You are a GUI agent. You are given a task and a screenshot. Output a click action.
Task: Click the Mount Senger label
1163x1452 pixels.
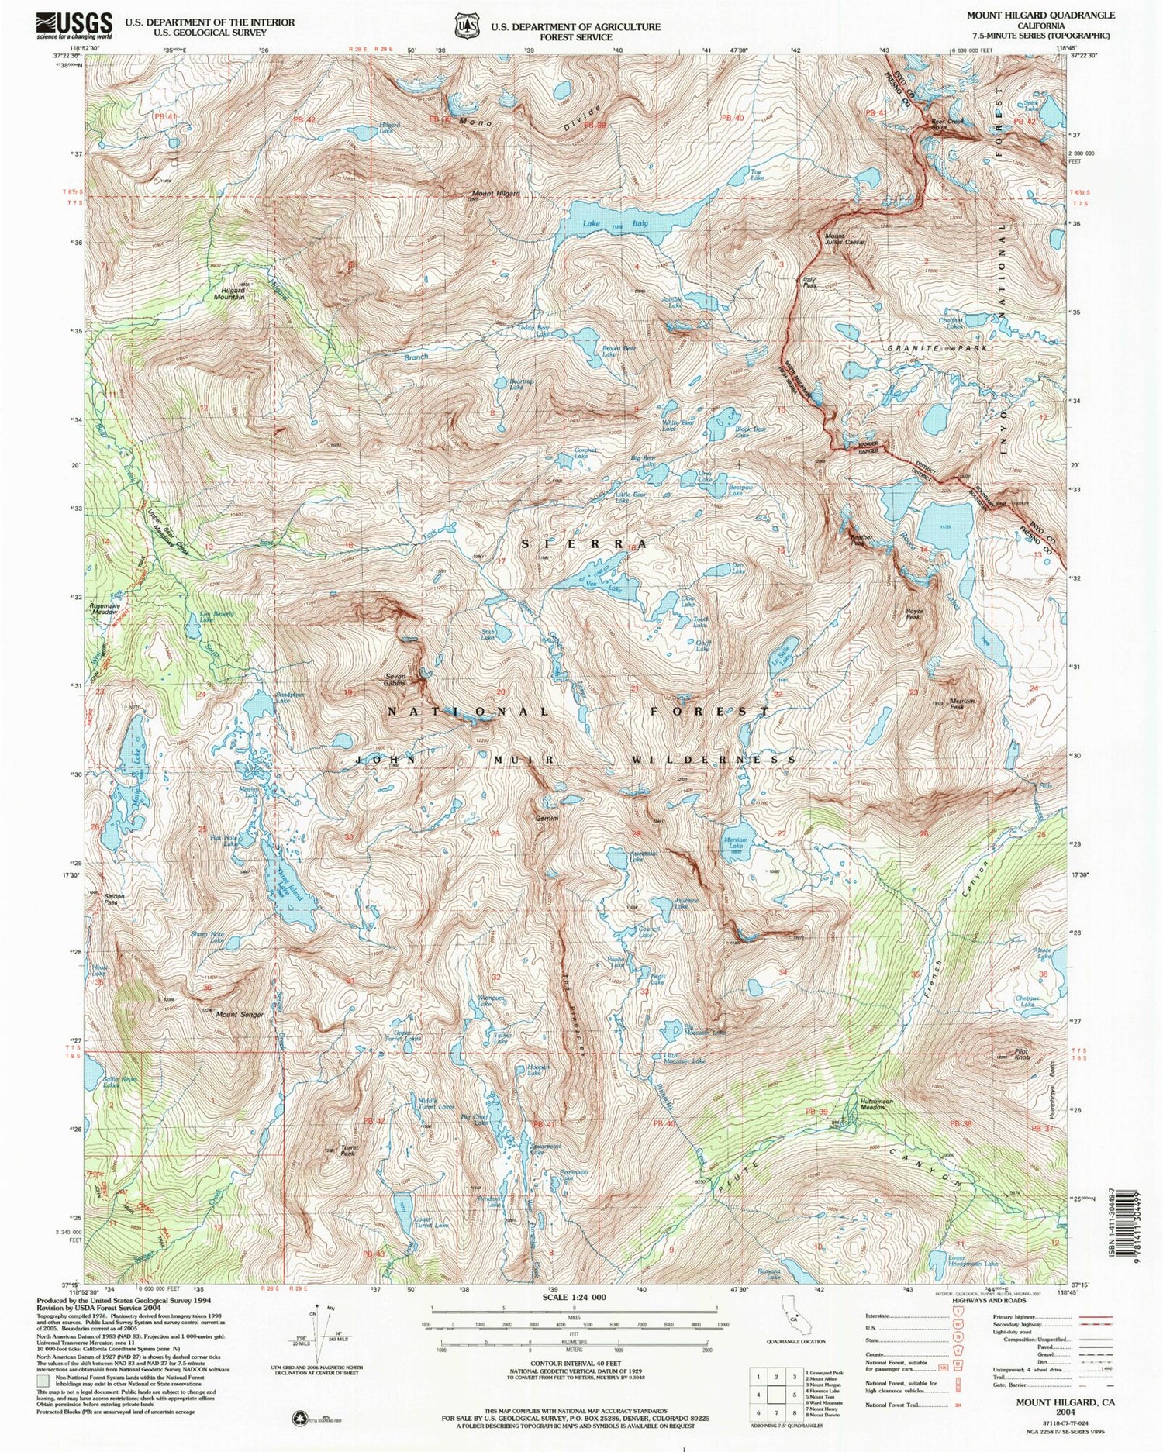(239, 1015)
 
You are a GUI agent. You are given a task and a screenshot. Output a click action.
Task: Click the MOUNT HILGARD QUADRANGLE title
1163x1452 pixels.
(1040, 15)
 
